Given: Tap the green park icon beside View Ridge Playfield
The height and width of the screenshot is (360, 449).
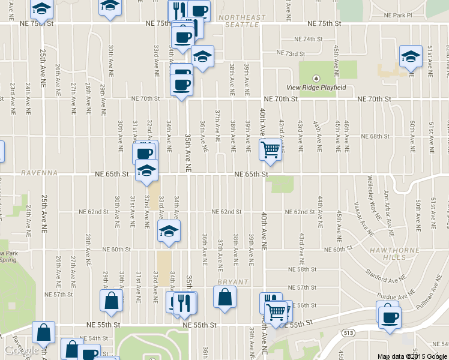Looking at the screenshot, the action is (x=317, y=78).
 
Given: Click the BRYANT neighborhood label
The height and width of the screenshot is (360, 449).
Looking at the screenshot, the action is (x=232, y=281).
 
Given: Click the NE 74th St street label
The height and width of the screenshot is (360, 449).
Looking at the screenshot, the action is (x=309, y=39).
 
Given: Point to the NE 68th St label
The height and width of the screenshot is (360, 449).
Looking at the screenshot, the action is (x=379, y=136).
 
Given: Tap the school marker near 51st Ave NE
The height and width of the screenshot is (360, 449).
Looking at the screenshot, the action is (x=411, y=57).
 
